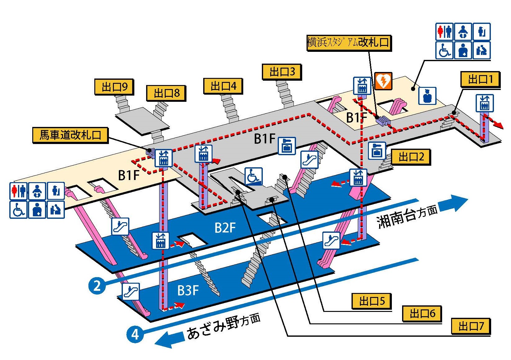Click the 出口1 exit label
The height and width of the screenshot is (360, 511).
[x=480, y=79]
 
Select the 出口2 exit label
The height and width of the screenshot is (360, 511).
[x=411, y=157]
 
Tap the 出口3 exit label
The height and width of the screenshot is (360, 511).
[x=282, y=72]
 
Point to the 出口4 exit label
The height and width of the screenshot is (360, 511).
[x=223, y=86]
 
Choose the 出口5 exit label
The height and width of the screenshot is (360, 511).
[x=372, y=301]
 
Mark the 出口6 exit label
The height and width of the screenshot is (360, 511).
[x=422, y=313]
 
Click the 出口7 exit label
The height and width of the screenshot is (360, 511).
[x=471, y=326]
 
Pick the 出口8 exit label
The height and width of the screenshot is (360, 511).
[x=166, y=93]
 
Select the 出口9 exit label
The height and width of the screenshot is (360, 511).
[x=114, y=87]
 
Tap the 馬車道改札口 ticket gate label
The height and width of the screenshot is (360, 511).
[x=70, y=135]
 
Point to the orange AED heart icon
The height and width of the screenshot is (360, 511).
[x=383, y=81]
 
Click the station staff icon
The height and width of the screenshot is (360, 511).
[x=427, y=96]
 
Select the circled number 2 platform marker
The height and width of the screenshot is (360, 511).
[x=97, y=286]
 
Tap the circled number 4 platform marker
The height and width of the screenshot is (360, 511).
[x=135, y=334]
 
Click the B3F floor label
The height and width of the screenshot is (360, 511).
[x=188, y=290]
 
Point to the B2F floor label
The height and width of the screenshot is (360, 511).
[x=225, y=228]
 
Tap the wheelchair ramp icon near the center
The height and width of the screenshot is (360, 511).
[x=254, y=176]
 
